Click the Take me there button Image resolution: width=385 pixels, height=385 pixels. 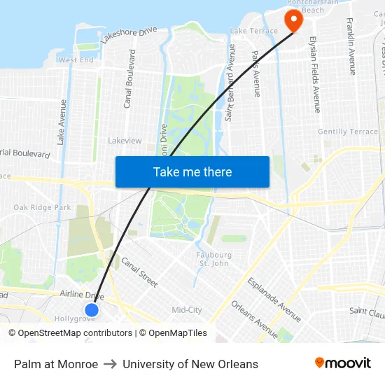(192, 171)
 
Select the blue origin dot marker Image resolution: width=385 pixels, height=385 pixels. (92, 309)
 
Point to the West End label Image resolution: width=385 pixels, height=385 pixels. (76, 60)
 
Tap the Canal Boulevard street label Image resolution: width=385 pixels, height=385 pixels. (129, 78)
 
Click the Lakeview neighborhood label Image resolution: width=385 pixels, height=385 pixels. (125, 141)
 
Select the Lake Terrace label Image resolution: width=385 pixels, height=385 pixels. (253, 31)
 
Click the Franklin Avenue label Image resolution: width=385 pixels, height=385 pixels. (351, 46)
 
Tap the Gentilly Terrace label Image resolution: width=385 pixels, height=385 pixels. (347, 132)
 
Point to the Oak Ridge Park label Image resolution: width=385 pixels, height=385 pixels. (42, 207)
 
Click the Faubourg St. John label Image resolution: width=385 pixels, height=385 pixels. (215, 259)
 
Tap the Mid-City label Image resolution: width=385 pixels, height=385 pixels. (187, 309)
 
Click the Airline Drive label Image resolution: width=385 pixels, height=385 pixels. (81, 295)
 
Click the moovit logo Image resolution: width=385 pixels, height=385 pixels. (342, 363)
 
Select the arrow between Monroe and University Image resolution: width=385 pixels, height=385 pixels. (110, 364)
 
